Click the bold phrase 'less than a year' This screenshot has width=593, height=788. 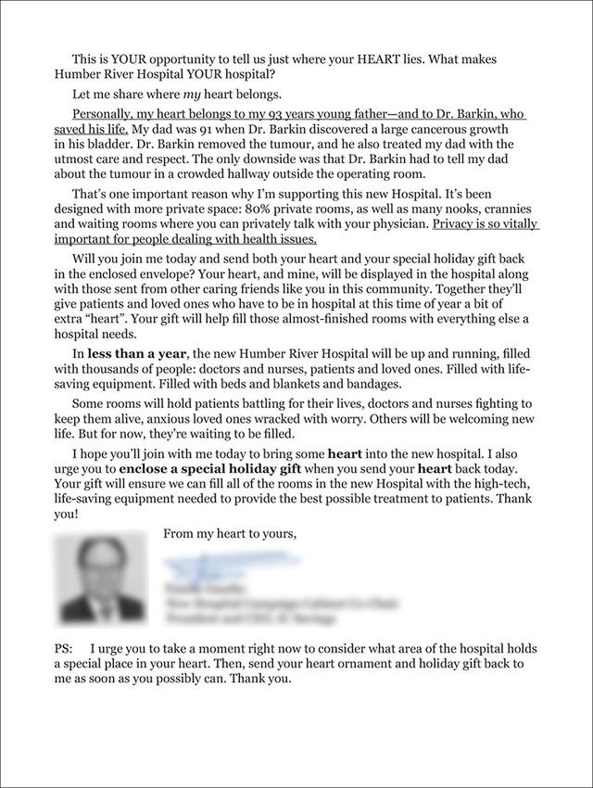coord(137,355)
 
